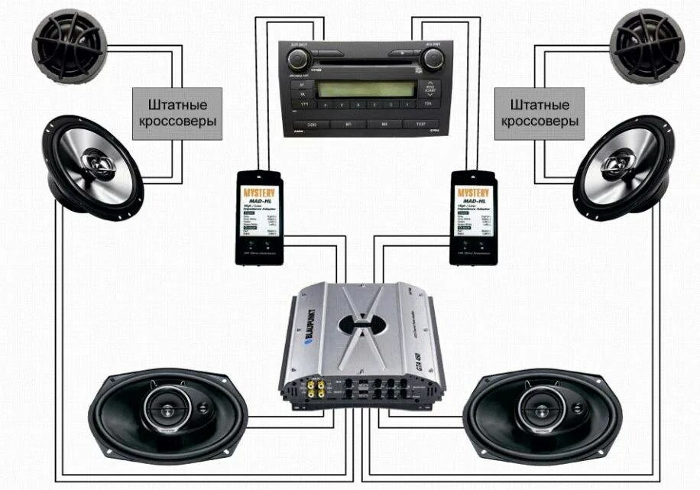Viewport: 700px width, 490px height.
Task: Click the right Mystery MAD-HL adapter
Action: click(x=475, y=217)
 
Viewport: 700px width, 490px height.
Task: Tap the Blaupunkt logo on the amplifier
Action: click(x=310, y=329)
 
